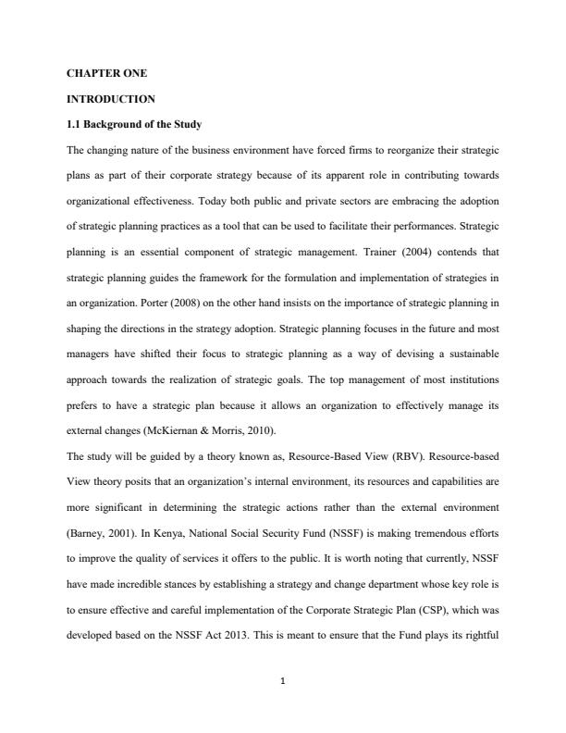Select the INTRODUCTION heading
tap(111, 98)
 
